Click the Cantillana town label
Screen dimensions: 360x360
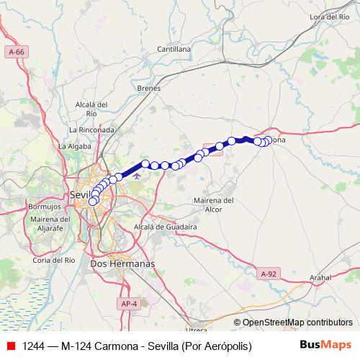[175, 49]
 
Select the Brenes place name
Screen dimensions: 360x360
[148, 88]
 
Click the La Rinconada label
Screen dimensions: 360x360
[91, 130]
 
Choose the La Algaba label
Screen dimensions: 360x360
[73, 145]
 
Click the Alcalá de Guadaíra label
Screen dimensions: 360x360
[166, 226]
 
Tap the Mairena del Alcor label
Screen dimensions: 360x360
[215, 204]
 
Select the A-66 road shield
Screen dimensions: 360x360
[17, 52]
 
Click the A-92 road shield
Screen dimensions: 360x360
[268, 274]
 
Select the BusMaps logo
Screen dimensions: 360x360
[325, 346]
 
